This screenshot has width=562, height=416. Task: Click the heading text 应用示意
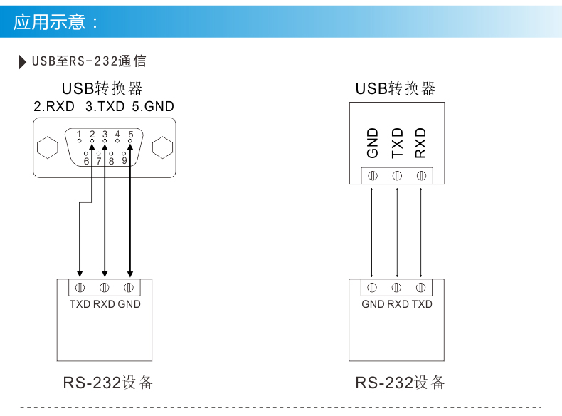pyautogui.click(x=55, y=22)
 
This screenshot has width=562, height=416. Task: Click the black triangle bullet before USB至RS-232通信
pyautogui.click(x=23, y=61)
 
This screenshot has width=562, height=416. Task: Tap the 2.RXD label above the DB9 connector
pyautogui.click(x=54, y=107)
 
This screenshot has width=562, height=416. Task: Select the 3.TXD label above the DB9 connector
pyautogui.click(x=105, y=107)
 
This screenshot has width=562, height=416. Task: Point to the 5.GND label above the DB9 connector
pyautogui.click(x=153, y=107)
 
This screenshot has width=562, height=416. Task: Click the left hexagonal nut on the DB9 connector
pyautogui.click(x=47, y=148)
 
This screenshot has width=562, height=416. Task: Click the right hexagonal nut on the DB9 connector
pyautogui.click(x=163, y=148)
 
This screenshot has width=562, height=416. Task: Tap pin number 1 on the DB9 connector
pyautogui.click(x=80, y=135)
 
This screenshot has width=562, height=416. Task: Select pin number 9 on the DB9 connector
pyautogui.click(x=124, y=160)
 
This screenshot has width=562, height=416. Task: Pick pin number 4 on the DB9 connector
pyautogui.click(x=117, y=135)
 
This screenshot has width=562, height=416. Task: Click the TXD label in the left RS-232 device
pyautogui.click(x=80, y=304)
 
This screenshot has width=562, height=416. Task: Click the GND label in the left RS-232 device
pyautogui.click(x=129, y=304)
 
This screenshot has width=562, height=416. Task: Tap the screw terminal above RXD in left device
pyautogui.click(x=105, y=288)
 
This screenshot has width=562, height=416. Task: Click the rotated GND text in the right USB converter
pyautogui.click(x=373, y=143)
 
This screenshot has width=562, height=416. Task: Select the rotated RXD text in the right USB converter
pyautogui.click(x=420, y=143)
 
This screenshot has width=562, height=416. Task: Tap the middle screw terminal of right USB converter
pyautogui.click(x=397, y=175)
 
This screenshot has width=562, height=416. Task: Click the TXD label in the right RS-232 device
pyautogui.click(x=422, y=304)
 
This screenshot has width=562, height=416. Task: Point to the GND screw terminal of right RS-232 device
pyautogui.click(x=372, y=288)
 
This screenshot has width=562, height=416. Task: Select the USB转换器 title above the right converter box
pyautogui.click(x=396, y=89)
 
